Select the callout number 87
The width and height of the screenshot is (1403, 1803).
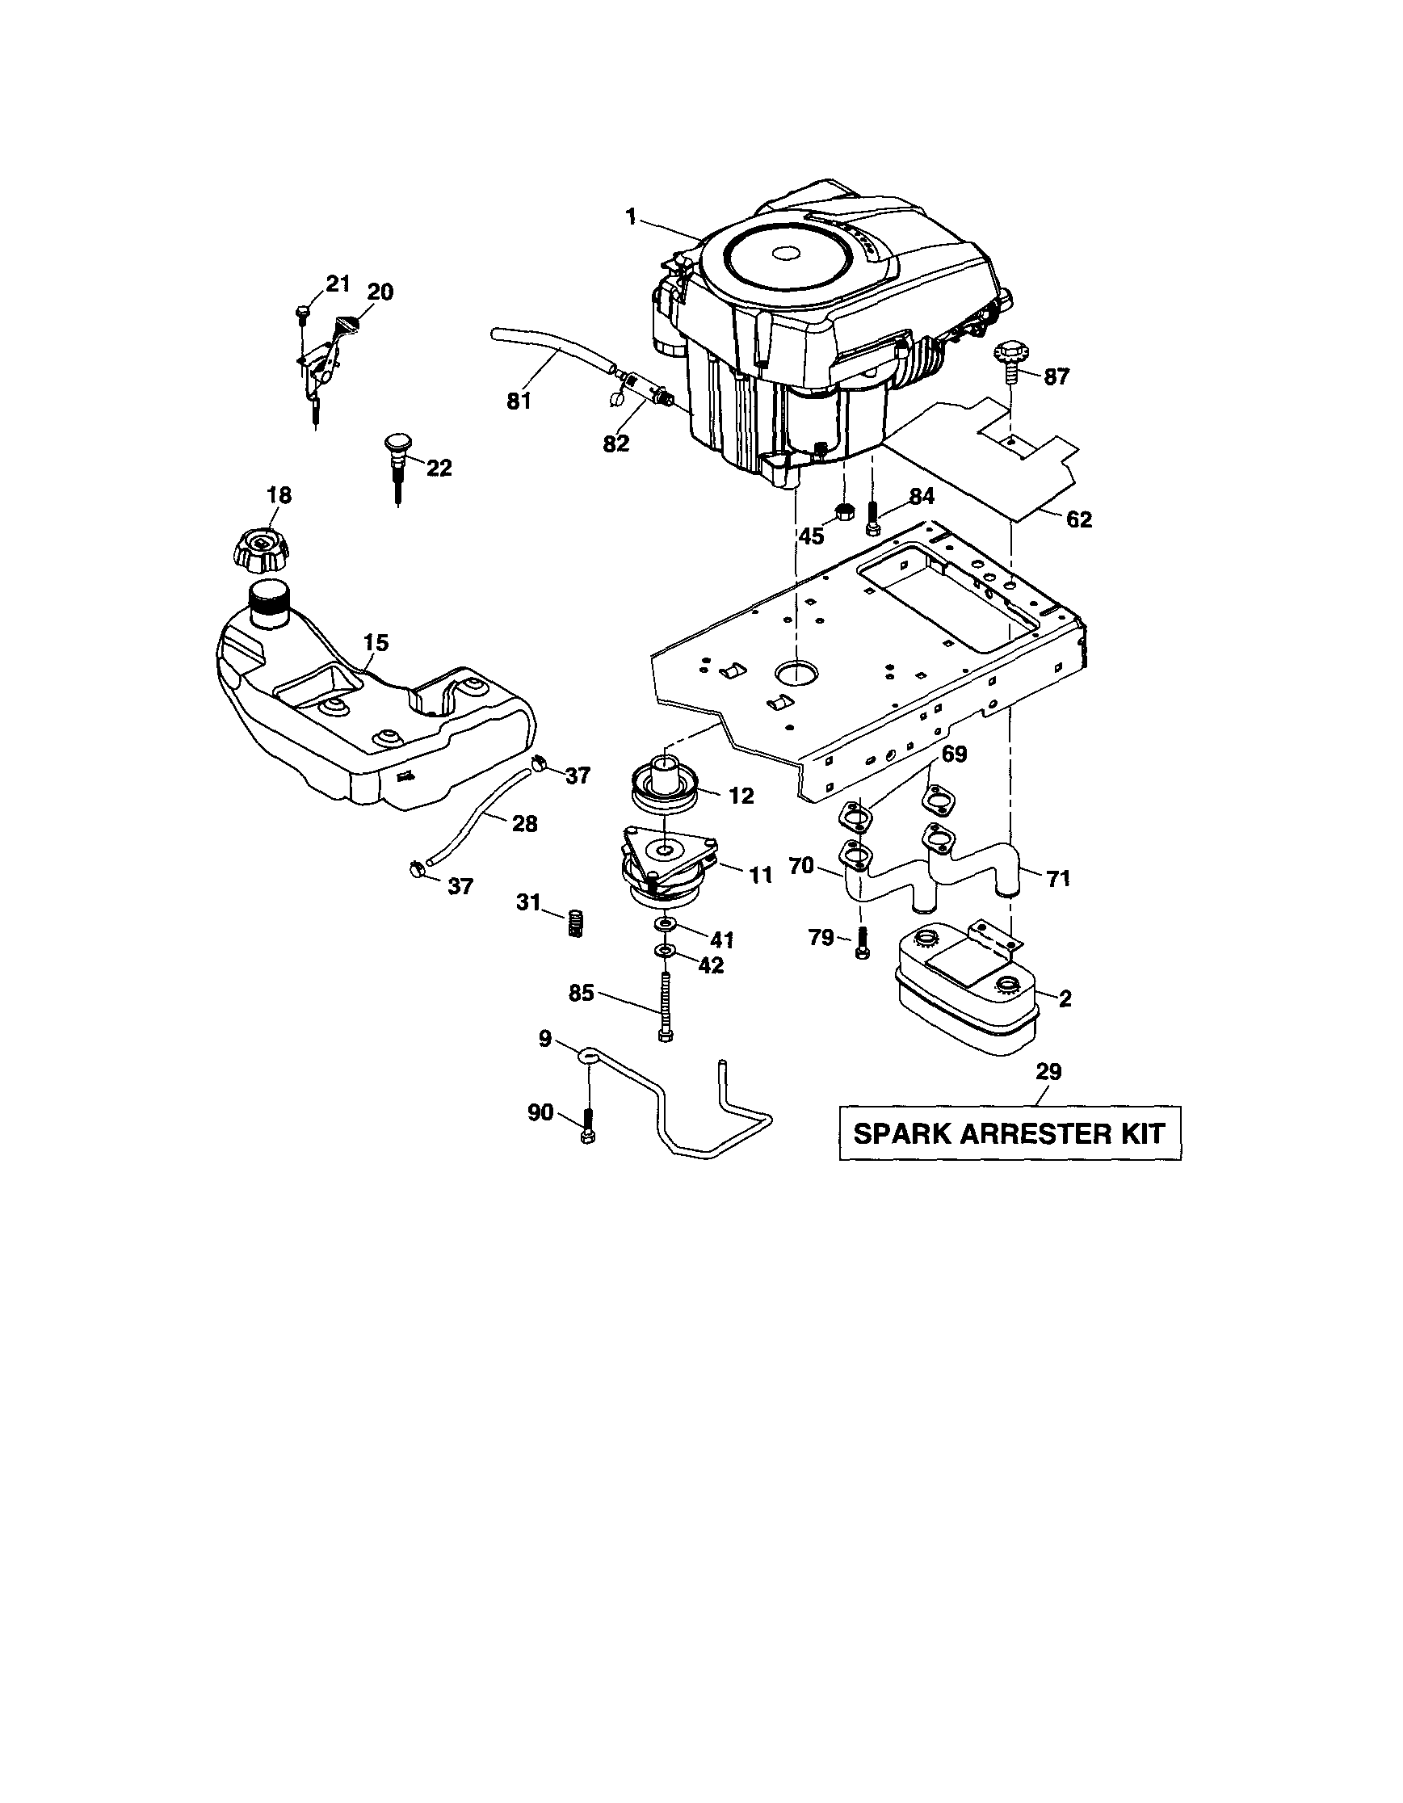1056,377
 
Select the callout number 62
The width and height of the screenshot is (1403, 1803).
1078,519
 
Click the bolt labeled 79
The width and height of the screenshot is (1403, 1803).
862,942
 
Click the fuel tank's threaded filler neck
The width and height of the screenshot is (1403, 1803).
268,606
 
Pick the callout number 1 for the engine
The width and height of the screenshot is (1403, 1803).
631,217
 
